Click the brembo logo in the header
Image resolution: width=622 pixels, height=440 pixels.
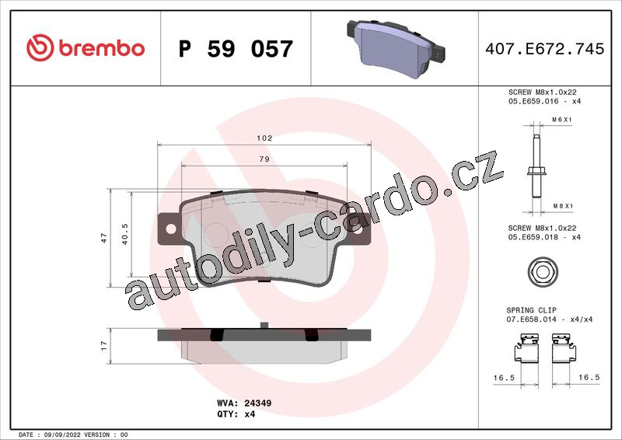[86, 47]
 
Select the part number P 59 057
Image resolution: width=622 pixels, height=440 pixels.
[236, 49]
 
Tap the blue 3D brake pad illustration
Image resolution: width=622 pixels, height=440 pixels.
[396, 48]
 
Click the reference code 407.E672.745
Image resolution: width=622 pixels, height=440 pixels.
[545, 49]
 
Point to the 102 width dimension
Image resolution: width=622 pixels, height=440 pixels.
[264, 138]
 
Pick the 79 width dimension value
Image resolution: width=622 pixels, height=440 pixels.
[264, 159]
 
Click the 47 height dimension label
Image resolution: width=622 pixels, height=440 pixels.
[104, 238]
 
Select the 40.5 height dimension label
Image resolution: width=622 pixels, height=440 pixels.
[125, 234]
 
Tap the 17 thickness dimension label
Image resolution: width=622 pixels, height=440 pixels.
[104, 346]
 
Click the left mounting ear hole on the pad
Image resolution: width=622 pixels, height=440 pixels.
[170, 229]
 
